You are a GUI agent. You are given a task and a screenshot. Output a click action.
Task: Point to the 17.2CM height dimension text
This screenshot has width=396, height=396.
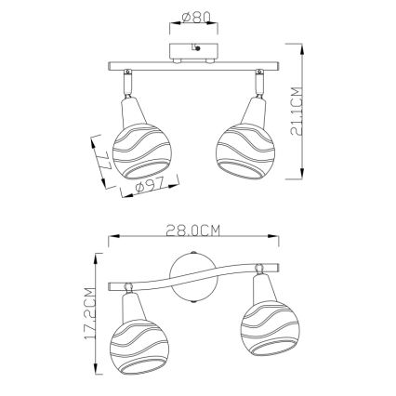(90, 318)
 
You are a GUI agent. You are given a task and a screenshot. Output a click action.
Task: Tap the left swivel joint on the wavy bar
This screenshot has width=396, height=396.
(129, 288)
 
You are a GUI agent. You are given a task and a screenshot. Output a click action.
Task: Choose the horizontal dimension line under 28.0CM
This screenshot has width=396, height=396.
(194, 240)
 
